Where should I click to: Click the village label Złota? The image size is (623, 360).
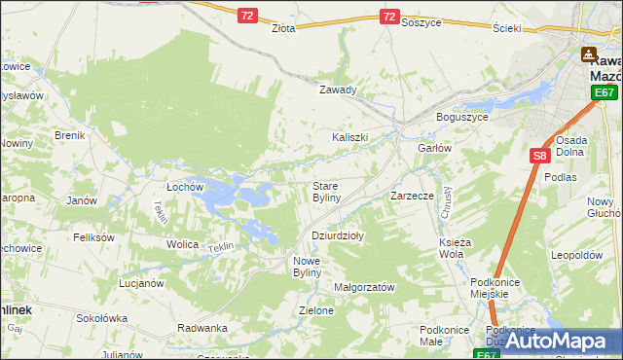point(283,29)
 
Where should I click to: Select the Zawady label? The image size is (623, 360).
point(339,90)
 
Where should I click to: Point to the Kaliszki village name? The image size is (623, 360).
point(350,137)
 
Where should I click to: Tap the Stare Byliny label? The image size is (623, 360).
point(325,192)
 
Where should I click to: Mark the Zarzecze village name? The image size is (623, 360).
point(412,196)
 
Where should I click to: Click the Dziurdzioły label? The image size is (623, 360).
point(337,235)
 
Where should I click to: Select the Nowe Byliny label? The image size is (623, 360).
point(313,267)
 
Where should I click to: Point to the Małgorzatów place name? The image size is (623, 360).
point(363,288)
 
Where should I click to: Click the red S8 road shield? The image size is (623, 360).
point(541,155)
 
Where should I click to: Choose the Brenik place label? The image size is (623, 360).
point(70,135)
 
